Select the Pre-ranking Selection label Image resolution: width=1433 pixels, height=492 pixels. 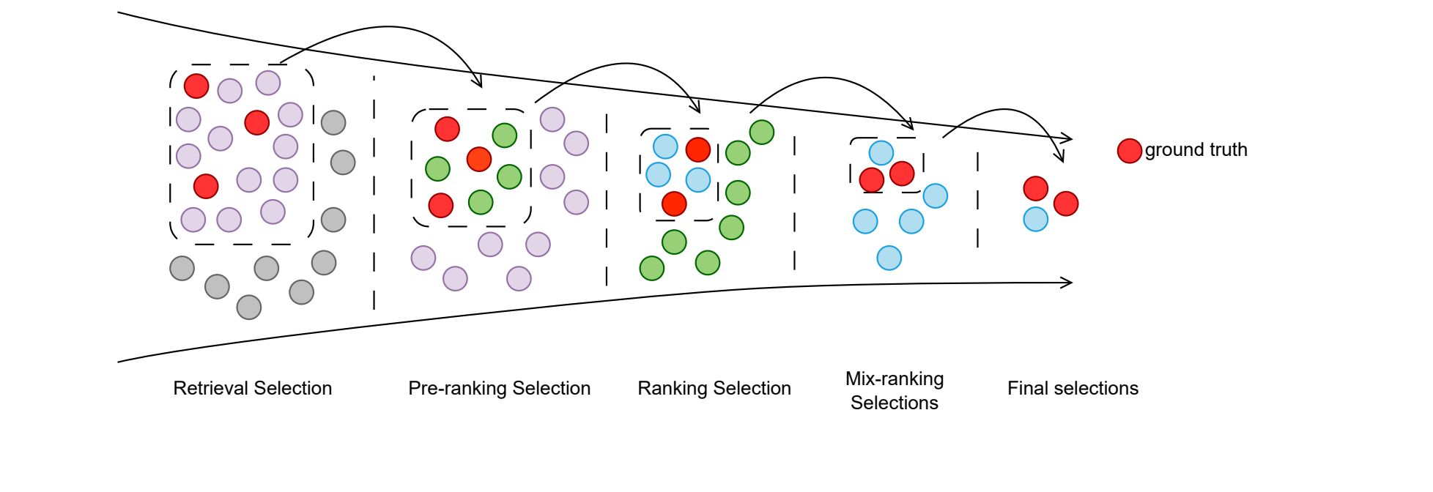499,388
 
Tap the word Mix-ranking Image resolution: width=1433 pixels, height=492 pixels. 894,379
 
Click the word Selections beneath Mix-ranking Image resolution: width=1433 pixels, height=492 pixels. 894,403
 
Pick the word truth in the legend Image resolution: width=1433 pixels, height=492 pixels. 1228,150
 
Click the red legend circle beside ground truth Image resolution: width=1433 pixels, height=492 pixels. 1129,151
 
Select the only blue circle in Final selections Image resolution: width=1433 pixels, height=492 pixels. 1035,219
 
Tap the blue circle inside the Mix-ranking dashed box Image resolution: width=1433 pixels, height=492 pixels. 881,153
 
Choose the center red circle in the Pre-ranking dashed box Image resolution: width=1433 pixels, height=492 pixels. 478,159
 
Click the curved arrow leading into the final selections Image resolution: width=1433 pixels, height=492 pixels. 1004,111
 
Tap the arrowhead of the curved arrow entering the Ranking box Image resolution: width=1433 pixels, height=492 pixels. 697,109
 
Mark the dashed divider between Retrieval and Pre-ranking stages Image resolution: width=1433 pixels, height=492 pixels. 374,190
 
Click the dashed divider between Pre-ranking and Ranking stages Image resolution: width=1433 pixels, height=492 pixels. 607,198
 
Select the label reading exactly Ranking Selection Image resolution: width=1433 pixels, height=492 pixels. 714,388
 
